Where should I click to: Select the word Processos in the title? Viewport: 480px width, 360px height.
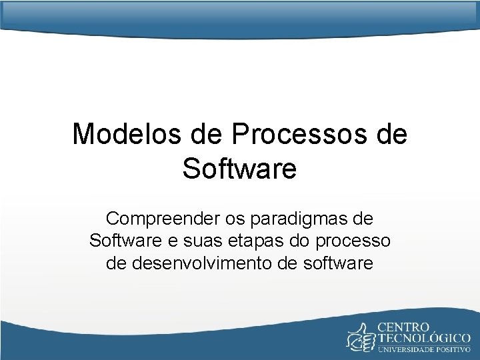tap(301, 134)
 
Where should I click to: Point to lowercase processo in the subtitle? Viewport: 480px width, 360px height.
tap(357, 241)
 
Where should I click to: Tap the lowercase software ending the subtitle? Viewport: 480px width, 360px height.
tap(337, 263)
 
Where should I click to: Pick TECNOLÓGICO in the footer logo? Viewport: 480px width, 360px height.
tap(425, 339)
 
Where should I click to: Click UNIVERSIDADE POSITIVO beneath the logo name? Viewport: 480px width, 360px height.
tap(425, 349)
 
